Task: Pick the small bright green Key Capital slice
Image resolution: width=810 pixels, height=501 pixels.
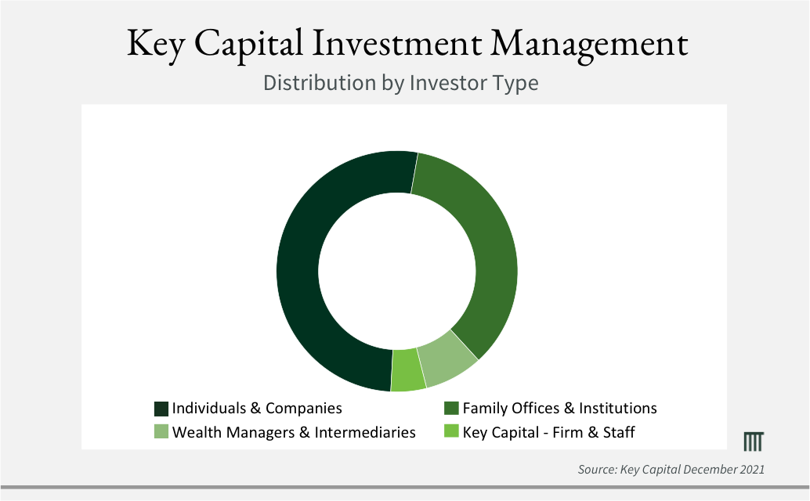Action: click(407, 370)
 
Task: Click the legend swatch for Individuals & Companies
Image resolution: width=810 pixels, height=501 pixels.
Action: click(161, 409)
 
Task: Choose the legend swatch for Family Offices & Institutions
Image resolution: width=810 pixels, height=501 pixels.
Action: click(451, 408)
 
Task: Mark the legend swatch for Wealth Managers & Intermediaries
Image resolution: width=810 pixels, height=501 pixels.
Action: click(161, 432)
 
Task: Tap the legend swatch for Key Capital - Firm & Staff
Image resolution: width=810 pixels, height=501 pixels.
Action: click(451, 431)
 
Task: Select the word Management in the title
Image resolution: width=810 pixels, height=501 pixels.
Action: click(589, 45)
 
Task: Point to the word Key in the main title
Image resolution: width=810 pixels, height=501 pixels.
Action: click(156, 45)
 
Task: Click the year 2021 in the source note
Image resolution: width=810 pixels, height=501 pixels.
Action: click(751, 470)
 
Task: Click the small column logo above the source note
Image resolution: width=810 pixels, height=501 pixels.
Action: click(753, 442)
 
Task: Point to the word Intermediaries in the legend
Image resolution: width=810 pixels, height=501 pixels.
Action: click(365, 432)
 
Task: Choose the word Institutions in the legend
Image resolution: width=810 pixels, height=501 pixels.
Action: click(618, 408)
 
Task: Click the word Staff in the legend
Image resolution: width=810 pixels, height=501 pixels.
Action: click(619, 432)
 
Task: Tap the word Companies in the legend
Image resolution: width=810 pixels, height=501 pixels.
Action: click(304, 409)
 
